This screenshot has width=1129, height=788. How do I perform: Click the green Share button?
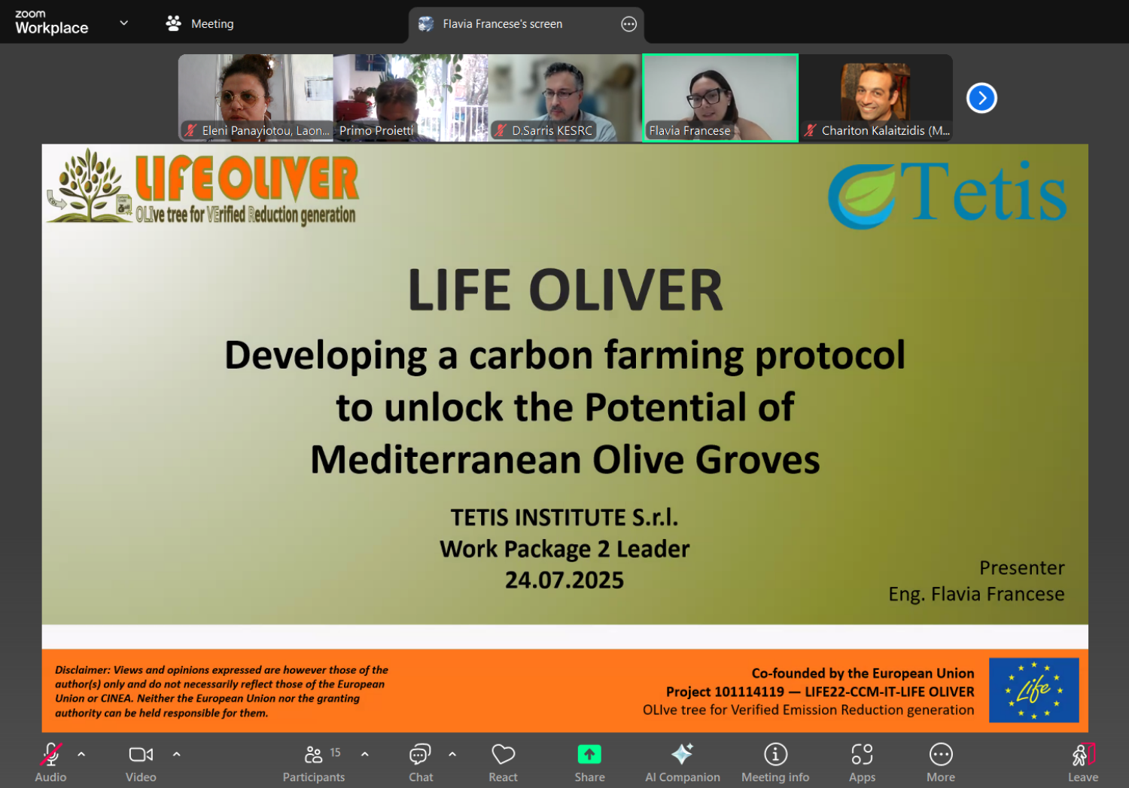coord(589,754)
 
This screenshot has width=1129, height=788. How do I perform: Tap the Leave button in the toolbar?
coord(1083,754)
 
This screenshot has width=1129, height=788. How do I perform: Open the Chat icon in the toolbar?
coord(420,754)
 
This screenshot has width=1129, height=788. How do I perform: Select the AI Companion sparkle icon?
coord(683,753)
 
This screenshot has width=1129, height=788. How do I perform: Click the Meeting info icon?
coord(775,754)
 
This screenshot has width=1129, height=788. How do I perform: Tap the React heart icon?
coord(503,754)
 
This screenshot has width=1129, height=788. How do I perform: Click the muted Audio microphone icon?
coord(51,754)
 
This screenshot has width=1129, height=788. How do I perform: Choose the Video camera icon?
coord(142,754)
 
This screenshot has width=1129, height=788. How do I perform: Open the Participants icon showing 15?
coord(314,754)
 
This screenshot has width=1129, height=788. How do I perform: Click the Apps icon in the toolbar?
coord(862,754)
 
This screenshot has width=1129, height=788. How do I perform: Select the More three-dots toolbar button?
coord(941,754)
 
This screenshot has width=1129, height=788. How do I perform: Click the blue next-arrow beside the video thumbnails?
coord(981,98)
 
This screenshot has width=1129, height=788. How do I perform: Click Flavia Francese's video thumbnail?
coord(720,98)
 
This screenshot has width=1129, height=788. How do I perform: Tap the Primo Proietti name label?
coord(376,130)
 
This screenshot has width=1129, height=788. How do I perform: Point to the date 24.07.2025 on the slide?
coord(564,580)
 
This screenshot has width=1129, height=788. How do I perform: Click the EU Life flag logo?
coord(1033,689)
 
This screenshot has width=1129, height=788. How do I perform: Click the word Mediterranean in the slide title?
coord(446,460)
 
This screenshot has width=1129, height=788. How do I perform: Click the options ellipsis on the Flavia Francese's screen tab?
coord(628,23)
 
